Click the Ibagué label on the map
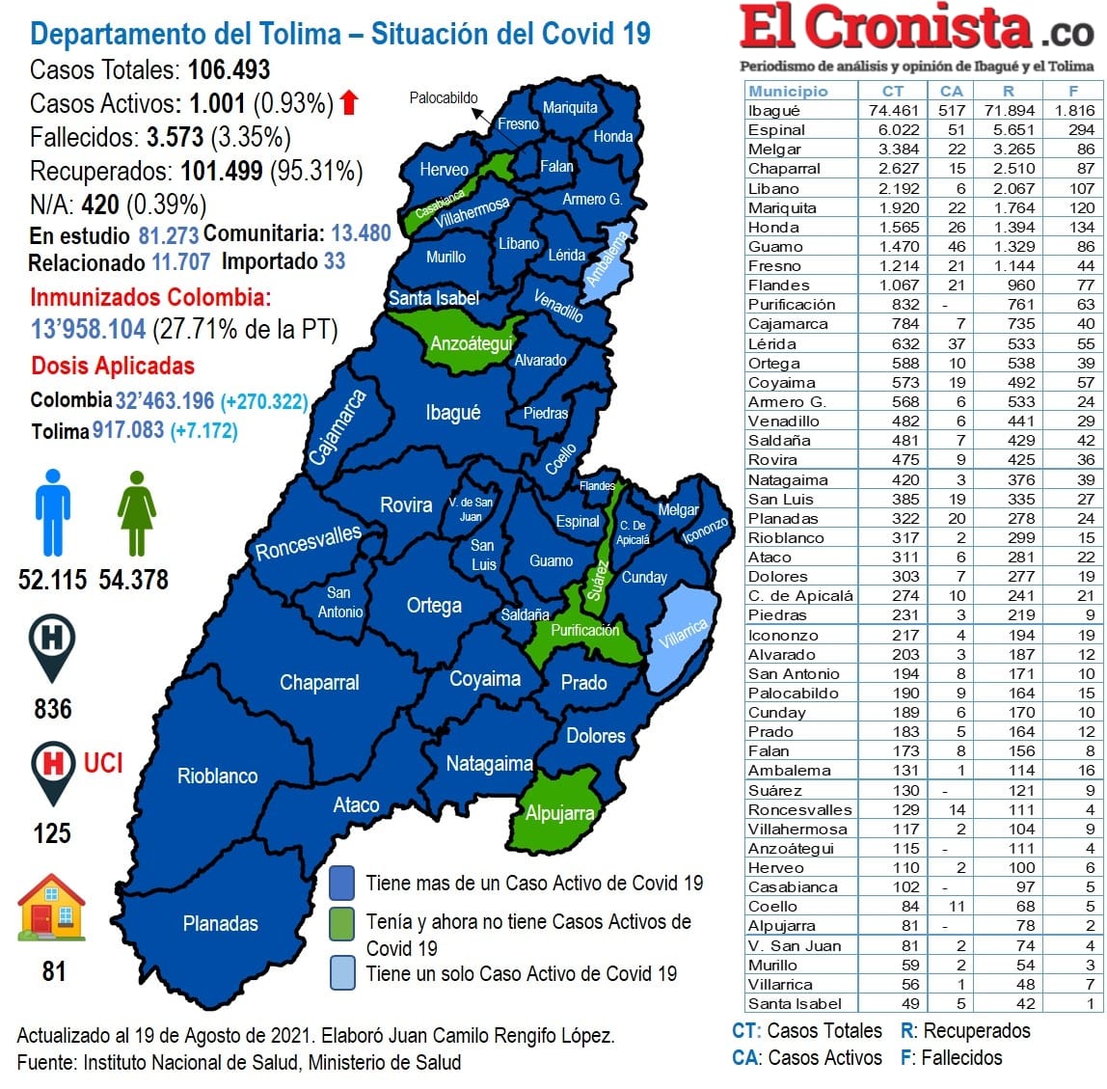click(x=452, y=413)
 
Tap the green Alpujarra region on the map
click(x=559, y=812)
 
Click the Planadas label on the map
click(x=221, y=923)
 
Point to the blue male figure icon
click(x=52, y=512)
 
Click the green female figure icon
click(x=136, y=512)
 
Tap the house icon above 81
click(x=52, y=908)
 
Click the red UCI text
click(x=103, y=763)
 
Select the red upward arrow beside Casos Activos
click(x=349, y=102)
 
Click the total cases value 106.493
click(x=229, y=69)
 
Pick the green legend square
click(x=341, y=923)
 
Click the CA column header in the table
click(x=951, y=91)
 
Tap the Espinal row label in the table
click(x=776, y=129)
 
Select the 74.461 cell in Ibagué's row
click(x=893, y=110)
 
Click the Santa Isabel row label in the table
click(x=795, y=1003)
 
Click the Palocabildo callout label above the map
click(x=444, y=97)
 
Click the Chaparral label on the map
click(x=319, y=682)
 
